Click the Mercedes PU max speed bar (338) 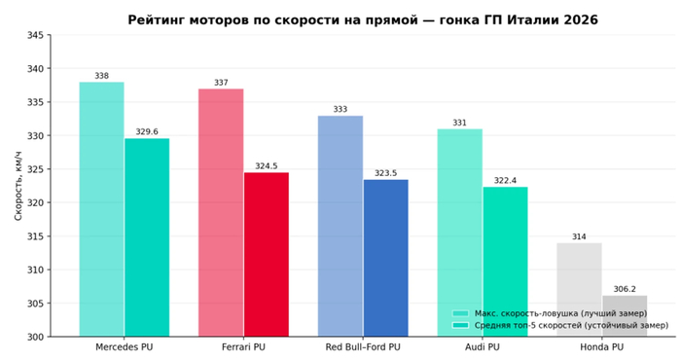(101, 209)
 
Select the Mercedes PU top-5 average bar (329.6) (147, 237)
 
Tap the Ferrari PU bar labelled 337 (221, 213)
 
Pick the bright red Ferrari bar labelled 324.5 (267, 255)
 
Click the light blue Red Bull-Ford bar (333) (340, 227)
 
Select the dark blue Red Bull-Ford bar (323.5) (385, 258)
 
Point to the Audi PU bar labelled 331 (460, 233)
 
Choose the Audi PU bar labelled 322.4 (505, 262)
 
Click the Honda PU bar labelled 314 (580, 290)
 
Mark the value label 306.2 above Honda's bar (625, 289)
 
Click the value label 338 (101, 76)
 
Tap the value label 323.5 (385, 173)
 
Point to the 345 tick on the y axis (35, 35)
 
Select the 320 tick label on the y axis (35, 202)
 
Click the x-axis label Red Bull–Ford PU (363, 347)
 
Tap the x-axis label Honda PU (602, 347)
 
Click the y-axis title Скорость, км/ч (18, 186)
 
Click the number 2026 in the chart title (579, 20)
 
